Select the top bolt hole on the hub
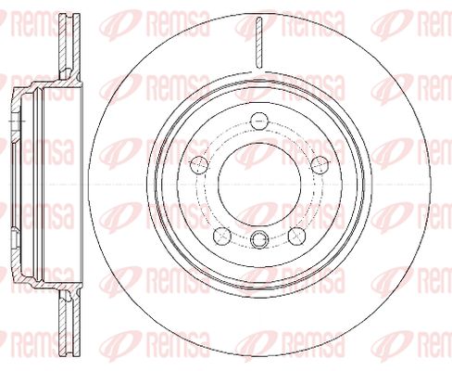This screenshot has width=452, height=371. pos(258,121)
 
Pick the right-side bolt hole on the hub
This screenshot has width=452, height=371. pos(320,164)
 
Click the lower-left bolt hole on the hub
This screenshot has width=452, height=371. pos(222,236)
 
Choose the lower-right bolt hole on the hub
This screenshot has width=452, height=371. pos(296,236)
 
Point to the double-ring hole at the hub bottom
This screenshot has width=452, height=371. pos(259,239)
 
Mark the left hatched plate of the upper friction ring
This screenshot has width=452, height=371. pos(63,45)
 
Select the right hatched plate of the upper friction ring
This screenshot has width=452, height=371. pos(77,44)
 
